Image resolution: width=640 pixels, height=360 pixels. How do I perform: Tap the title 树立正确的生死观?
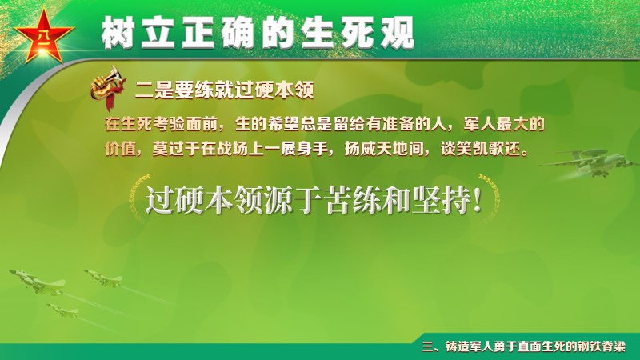(258, 33)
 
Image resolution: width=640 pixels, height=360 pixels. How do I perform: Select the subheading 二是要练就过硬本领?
(225, 90)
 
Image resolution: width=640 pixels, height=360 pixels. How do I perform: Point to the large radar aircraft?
(588, 163)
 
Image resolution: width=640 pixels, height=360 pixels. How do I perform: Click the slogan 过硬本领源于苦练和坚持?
(314, 200)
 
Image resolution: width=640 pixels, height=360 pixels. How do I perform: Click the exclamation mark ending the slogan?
(477, 201)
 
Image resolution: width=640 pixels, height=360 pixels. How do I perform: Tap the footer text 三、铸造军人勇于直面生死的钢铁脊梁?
(524, 346)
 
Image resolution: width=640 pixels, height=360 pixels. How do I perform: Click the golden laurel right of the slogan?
(490, 197)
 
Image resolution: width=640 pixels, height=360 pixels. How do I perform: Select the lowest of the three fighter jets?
(63, 310)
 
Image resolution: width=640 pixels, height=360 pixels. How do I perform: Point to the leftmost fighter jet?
(38, 282)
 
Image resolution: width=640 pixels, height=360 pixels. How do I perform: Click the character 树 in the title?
(118, 33)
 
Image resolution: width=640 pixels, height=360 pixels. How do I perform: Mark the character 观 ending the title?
(397, 33)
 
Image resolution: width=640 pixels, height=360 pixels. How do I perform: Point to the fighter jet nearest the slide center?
(104, 278)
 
